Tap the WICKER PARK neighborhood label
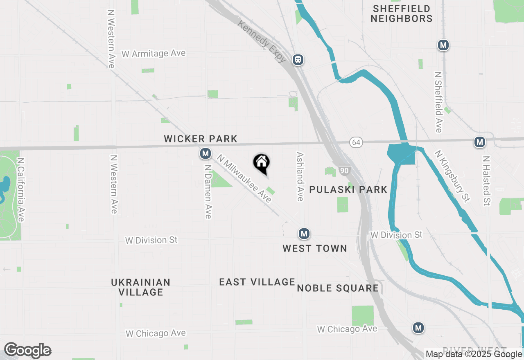coord(201,139)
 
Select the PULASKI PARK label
coord(348,189)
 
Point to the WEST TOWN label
coord(315,248)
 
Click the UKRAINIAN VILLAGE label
coord(140,287)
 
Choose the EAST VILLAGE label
coord(257,282)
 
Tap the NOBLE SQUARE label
coord(338,288)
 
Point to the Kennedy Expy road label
coord(262,42)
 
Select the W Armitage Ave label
coord(154,54)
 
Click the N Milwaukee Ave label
coord(244,178)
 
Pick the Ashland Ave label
coord(300,177)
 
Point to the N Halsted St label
coord(486,180)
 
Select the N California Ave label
coord(20,190)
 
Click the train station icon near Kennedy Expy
coord(298,60)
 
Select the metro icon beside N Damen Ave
coord(205,154)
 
